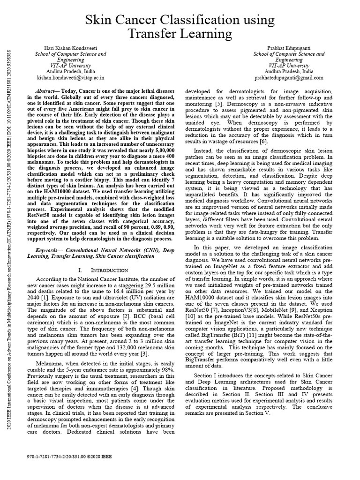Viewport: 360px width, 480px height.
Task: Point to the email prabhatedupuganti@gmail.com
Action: [289, 77]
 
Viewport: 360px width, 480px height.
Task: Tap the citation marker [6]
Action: [263, 141]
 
